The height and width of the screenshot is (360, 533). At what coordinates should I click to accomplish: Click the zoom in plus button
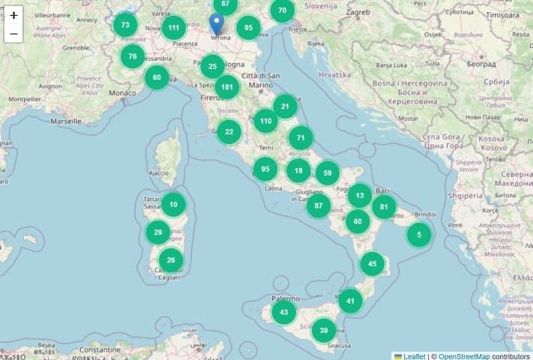point(13,15)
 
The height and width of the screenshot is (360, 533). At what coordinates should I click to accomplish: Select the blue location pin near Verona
point(217,23)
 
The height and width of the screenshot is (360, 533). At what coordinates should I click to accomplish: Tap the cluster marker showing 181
point(227,86)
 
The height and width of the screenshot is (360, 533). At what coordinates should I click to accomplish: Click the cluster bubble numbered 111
point(174,28)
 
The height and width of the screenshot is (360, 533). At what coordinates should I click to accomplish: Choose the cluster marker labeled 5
point(419,234)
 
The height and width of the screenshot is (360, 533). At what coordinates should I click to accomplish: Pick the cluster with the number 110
point(265,121)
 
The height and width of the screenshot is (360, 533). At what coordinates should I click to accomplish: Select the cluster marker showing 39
point(324,330)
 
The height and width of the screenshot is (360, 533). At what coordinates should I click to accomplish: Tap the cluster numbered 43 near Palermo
point(283,312)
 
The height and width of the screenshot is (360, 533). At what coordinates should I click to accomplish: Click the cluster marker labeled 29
point(157,232)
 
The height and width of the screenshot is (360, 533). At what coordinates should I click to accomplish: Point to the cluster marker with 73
point(125,25)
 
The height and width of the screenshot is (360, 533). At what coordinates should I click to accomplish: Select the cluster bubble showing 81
point(384,206)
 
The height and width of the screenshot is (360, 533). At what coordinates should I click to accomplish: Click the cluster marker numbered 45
point(373,264)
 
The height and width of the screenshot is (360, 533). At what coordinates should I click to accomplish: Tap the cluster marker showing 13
point(360,196)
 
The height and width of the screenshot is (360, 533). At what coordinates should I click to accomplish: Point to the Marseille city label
point(65,121)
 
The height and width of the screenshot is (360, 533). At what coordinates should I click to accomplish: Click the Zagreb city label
point(358,13)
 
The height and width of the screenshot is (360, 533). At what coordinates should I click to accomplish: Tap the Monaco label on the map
point(123,93)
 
